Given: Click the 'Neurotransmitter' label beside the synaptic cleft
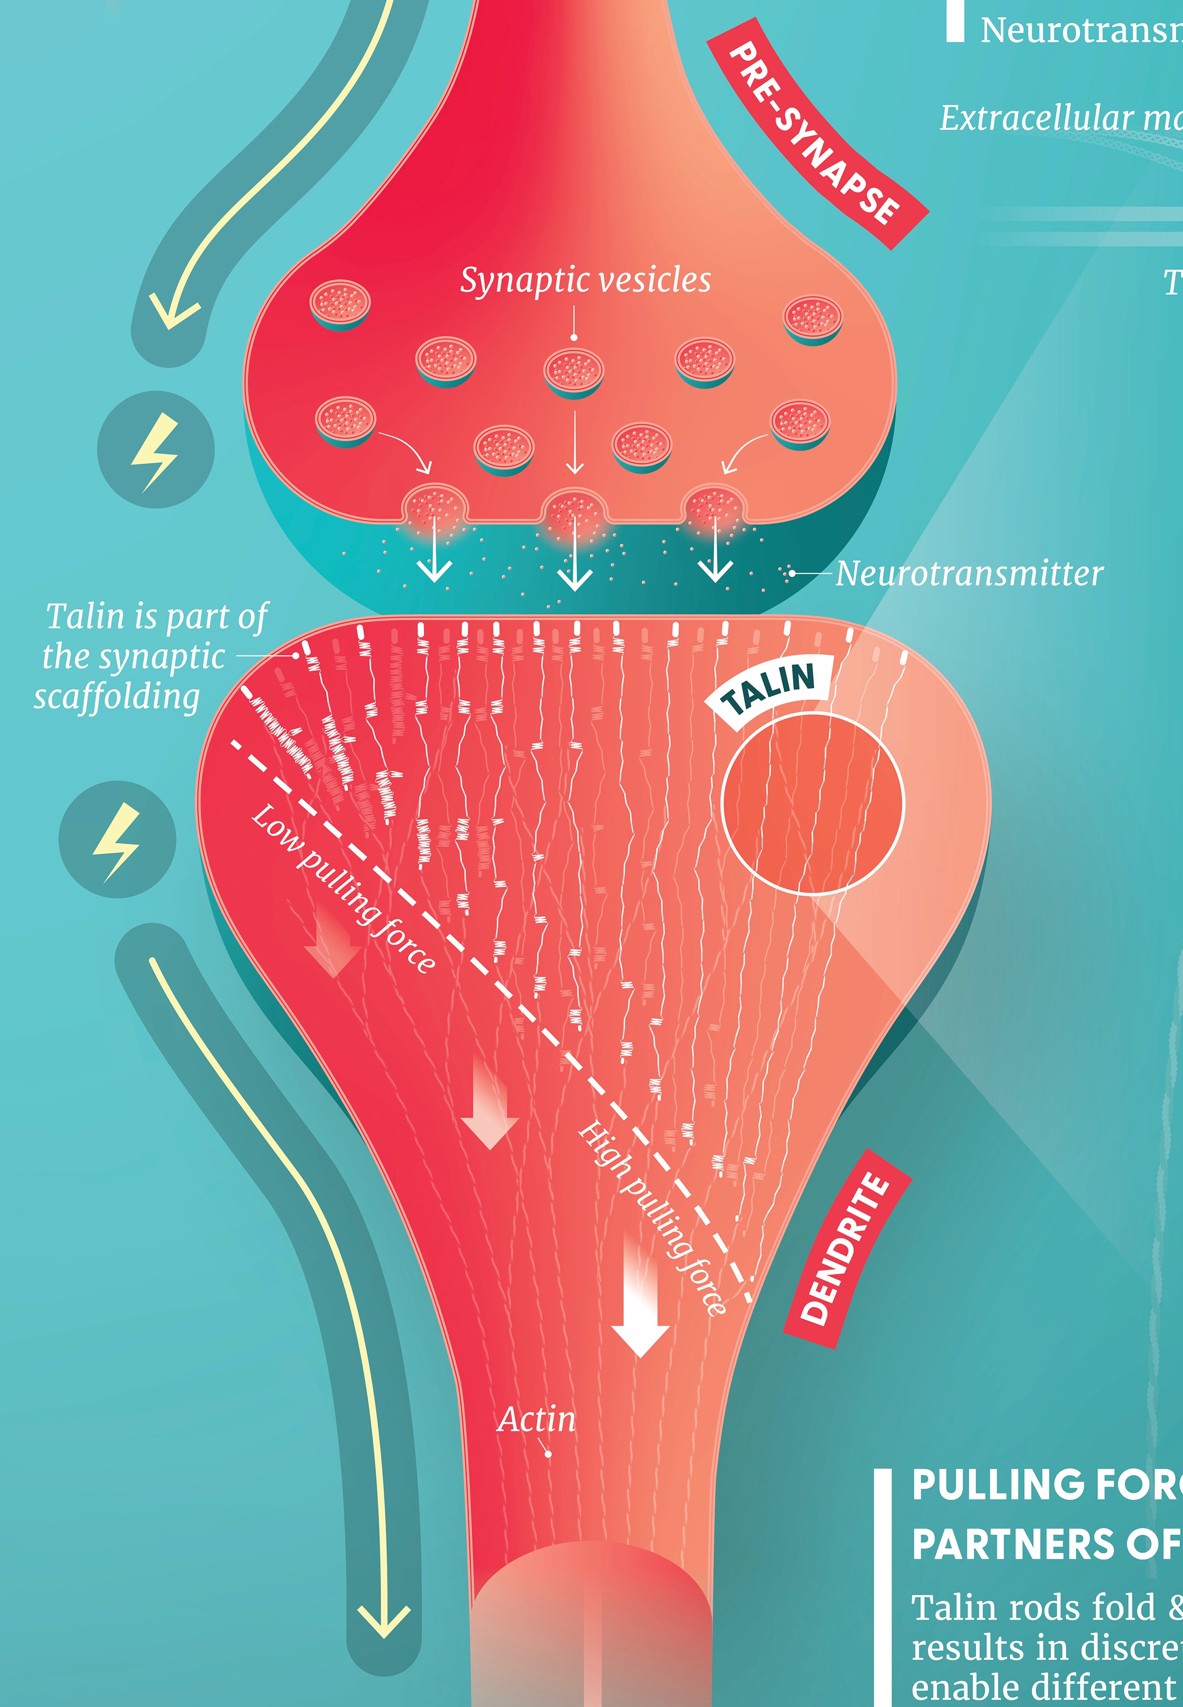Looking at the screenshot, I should tap(969, 574).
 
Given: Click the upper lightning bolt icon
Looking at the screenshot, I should tap(156, 450).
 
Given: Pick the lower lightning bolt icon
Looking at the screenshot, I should tap(117, 840).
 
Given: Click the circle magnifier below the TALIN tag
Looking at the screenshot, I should tap(812, 804).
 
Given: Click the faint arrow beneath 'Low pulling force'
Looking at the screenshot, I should tap(333, 941).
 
